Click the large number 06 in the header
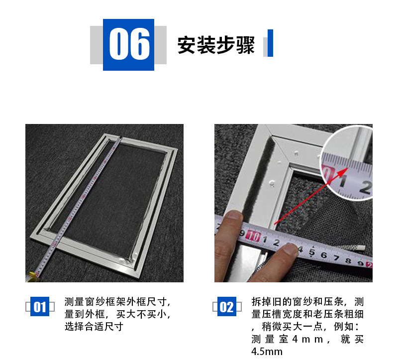[x=128, y=44]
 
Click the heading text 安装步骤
[x=216, y=45]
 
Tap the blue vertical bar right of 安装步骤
[x=270, y=43]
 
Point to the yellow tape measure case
[x=32, y=274]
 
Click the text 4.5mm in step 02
[x=267, y=352]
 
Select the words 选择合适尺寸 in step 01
[x=94, y=327]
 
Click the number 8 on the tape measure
[x=346, y=258]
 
